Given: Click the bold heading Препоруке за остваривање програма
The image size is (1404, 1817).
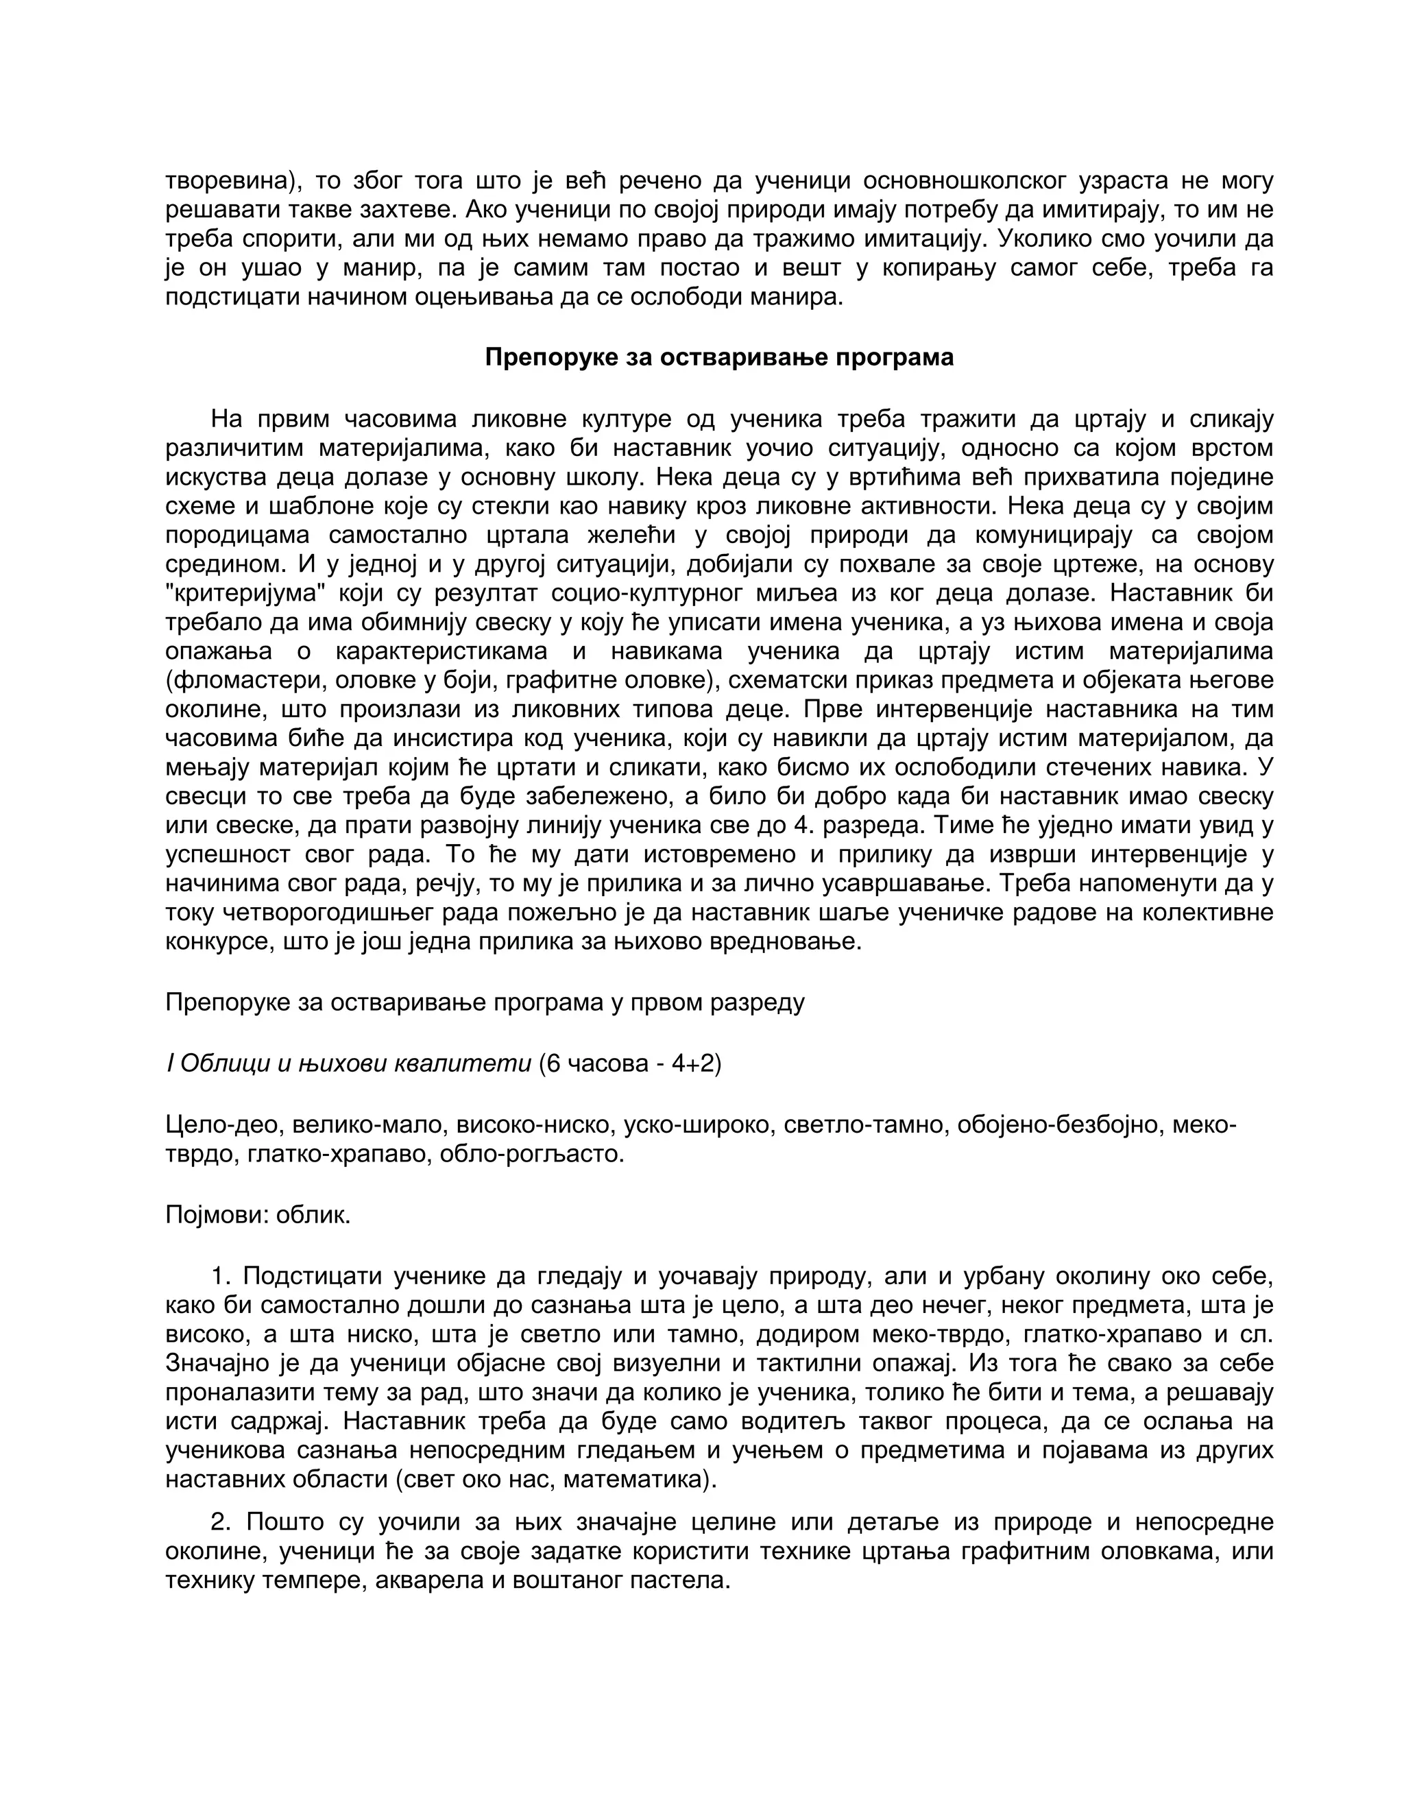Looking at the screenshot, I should (718, 358).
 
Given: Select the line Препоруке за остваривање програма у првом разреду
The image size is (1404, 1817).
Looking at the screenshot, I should (485, 1002).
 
